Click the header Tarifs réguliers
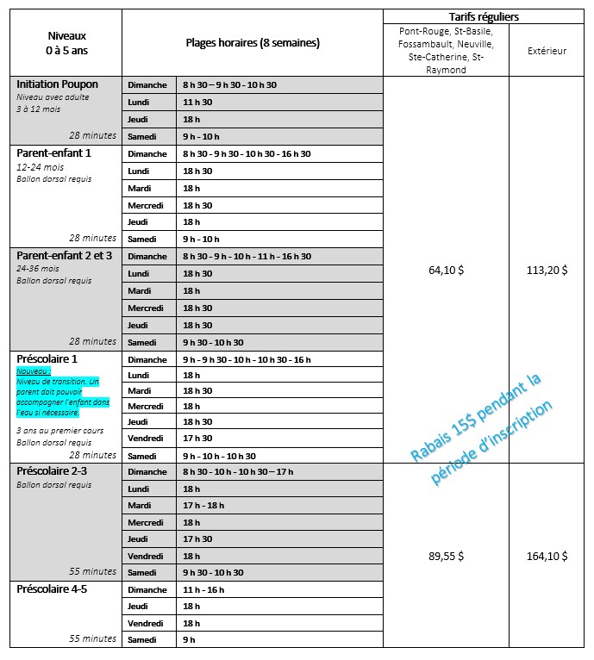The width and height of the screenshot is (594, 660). coord(484,16)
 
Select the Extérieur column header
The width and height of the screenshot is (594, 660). coord(547,51)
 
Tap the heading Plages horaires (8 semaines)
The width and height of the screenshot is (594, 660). coord(253,42)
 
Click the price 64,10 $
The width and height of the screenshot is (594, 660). coord(446,270)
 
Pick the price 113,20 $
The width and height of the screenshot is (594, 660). coord(547,270)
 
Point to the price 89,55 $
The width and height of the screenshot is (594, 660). coord(446,556)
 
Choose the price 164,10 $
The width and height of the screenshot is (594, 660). coord(547,556)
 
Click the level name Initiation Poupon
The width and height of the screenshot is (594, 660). coord(58,84)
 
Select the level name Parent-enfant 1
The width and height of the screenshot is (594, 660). coord(53,153)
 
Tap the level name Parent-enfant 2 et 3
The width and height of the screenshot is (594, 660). coord(65,256)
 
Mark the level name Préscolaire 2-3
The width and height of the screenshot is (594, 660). coord(52,471)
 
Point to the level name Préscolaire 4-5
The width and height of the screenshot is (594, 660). coord(52,589)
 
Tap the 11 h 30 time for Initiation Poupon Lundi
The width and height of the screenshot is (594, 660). coord(191,102)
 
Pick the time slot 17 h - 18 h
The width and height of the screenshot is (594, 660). coord(203,505)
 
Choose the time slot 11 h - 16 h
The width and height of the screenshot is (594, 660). coord(203,589)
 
